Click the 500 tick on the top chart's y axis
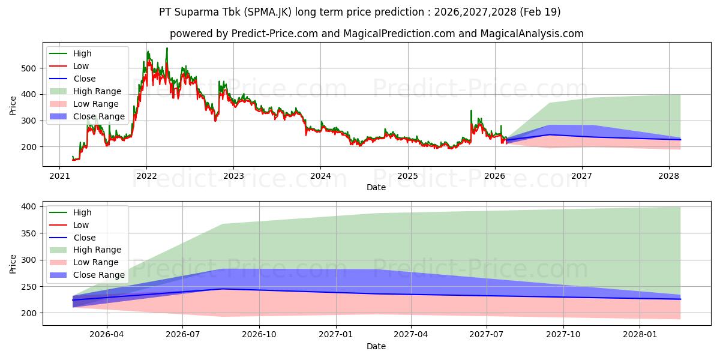tap(30, 68)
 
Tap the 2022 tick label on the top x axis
tap(146, 176)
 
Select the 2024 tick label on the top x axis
tap(320, 176)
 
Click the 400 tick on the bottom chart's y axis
tap(30, 206)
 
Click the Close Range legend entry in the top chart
tap(99, 116)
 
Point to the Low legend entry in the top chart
tap(81, 66)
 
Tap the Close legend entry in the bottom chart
tap(84, 238)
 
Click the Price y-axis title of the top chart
tap(13, 105)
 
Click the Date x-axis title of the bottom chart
tap(376, 347)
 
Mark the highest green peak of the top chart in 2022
tap(167, 48)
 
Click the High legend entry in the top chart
tap(82, 53)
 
